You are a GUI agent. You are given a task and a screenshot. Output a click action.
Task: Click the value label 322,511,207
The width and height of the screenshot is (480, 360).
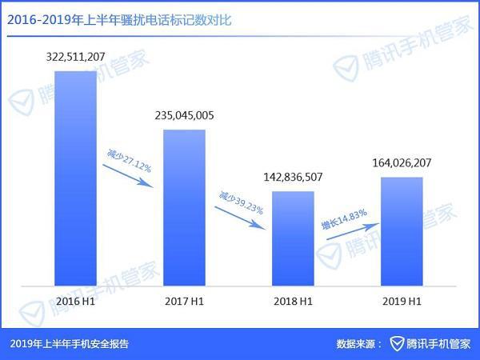click(76, 58)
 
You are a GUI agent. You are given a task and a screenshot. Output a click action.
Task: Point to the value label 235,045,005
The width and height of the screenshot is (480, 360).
click(184, 115)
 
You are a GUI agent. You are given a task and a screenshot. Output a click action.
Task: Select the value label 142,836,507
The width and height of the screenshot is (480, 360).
click(292, 177)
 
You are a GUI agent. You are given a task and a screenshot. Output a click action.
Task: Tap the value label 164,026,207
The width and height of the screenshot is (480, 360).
click(402, 162)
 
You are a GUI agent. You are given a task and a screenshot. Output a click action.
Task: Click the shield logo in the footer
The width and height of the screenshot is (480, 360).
click(397, 344)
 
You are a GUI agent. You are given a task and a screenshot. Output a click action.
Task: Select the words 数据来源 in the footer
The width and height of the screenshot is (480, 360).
click(356, 344)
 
